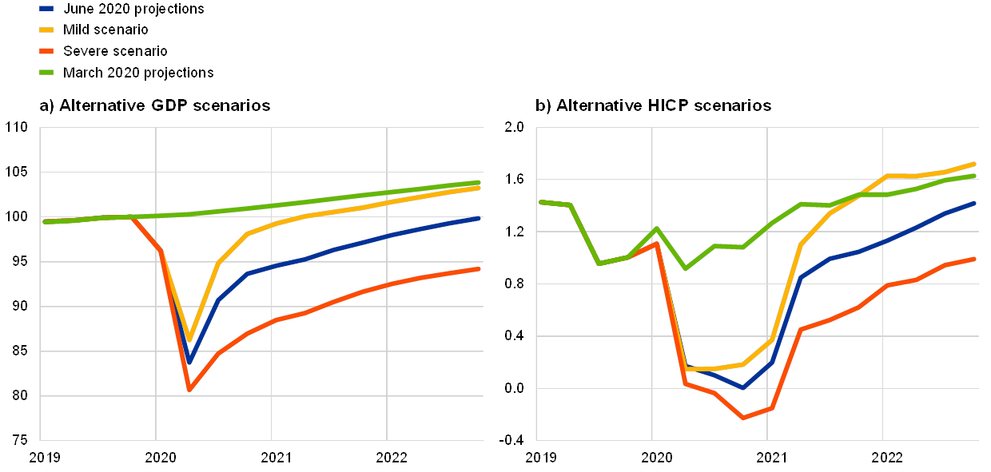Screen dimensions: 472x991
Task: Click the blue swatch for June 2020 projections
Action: [46, 9]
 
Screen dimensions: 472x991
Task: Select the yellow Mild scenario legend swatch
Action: [46, 30]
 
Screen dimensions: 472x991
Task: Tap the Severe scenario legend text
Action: [115, 50]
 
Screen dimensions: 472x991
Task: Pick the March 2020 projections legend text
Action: [138, 72]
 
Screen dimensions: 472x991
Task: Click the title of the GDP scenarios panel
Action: [155, 105]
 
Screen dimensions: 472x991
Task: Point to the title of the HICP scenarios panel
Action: [655, 105]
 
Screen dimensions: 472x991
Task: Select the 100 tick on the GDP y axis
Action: [17, 216]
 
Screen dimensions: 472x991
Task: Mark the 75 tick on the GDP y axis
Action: [18, 440]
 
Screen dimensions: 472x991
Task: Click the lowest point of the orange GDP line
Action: [189, 389]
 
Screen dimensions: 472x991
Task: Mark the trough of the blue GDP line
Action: [189, 363]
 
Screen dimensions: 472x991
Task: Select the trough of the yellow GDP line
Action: [189, 339]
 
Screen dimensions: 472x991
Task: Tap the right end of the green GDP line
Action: [479, 182]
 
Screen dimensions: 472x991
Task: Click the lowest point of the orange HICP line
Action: [743, 418]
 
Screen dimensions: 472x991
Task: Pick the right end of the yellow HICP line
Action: [975, 164]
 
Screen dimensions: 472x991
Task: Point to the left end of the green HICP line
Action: [540, 201]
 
